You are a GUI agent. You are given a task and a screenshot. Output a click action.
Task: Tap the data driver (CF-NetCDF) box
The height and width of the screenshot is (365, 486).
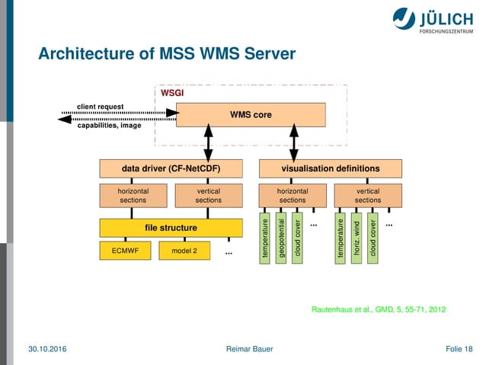pos(166,168)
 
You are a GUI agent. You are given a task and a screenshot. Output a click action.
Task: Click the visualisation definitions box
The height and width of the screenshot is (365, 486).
pos(330,168)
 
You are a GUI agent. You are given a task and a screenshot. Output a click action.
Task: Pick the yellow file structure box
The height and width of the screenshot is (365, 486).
pos(166,228)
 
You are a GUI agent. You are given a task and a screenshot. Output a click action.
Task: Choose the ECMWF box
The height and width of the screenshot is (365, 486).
pos(123,251)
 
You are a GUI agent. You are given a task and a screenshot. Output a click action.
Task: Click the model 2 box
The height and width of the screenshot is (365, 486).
pos(184,251)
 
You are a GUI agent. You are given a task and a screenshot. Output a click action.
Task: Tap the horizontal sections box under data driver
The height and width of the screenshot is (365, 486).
pos(133,195)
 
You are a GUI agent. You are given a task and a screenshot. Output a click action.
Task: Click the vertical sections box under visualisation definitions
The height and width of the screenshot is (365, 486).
pos(368,195)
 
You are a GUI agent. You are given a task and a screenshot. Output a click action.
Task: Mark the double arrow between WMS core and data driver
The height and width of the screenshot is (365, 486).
pos(208,142)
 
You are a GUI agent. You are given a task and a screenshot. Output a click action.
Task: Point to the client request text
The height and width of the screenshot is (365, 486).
pos(101,107)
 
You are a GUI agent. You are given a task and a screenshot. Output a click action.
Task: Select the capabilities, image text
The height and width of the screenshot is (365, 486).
pos(108,126)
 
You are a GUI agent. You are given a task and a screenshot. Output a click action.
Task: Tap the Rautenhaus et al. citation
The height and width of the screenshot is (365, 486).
pos(379,309)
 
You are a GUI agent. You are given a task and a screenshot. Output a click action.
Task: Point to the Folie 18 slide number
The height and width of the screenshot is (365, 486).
pos(458,349)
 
